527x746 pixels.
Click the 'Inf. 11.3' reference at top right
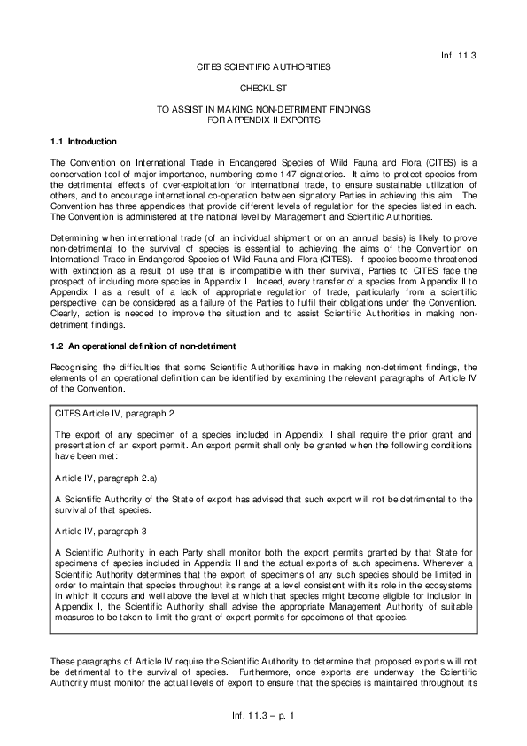[458, 55]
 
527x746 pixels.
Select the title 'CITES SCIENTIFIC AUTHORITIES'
[263, 66]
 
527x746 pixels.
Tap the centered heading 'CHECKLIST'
[263, 88]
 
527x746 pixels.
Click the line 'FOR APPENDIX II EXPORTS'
[263, 119]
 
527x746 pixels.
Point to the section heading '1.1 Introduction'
[83, 141]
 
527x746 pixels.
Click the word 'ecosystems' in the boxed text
[450, 581]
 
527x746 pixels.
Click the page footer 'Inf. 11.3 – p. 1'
[263, 713]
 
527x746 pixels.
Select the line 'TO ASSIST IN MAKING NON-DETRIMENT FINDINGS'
[263, 109]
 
